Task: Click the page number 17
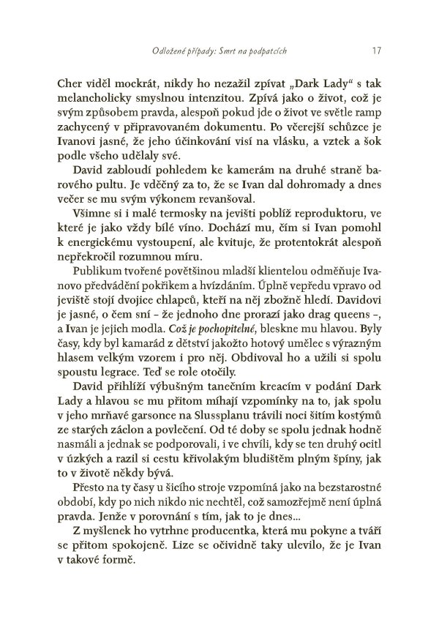[x=375, y=51]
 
